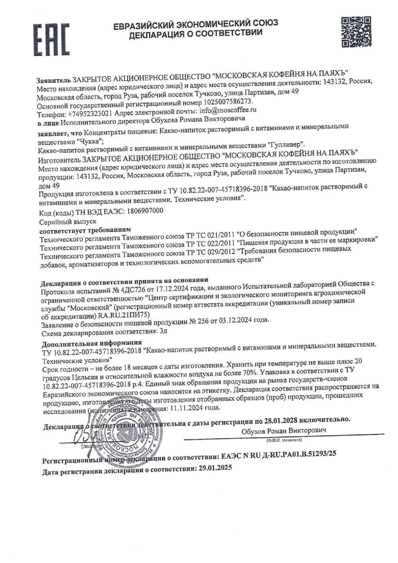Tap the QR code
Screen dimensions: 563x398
click(356, 32)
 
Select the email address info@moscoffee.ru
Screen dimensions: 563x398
click(227, 110)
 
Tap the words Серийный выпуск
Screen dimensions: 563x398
click(68, 222)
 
